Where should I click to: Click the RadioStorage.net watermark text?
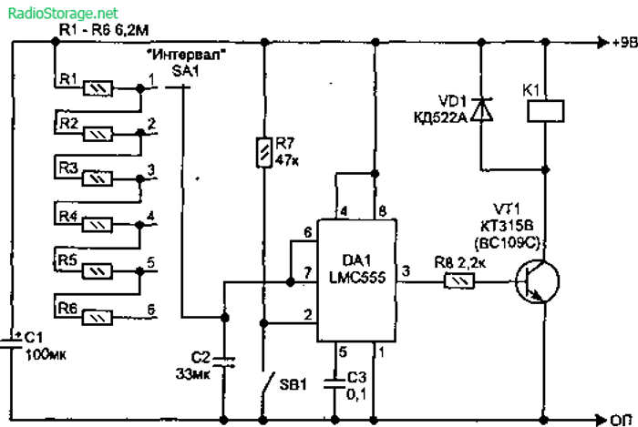coord(60,13)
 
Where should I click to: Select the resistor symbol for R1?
coord(98,89)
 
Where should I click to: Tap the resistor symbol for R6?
coord(98,317)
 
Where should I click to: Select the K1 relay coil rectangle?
coord(546,110)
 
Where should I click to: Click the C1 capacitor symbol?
coord(15,342)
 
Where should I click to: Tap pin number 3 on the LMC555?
coord(406,270)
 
